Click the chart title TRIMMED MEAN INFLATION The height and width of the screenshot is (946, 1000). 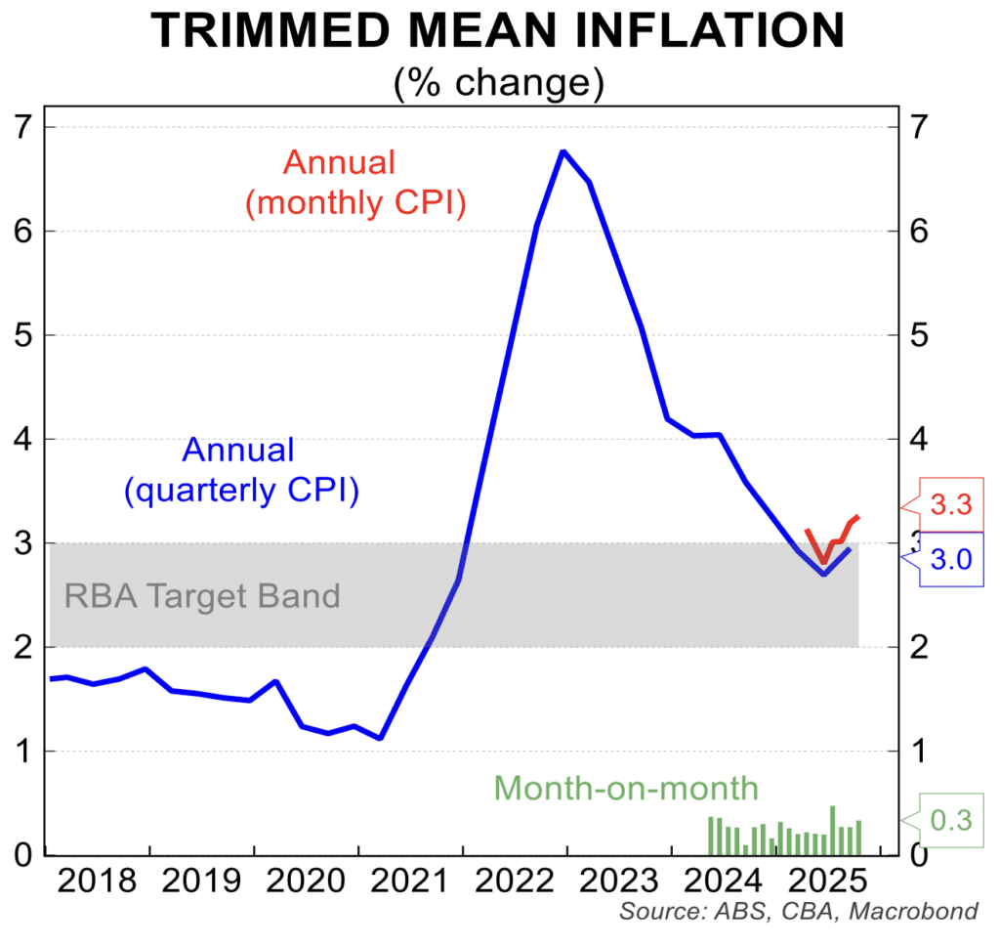(499, 31)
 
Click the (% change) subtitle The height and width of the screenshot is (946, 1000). (499, 83)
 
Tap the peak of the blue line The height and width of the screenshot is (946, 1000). (563, 151)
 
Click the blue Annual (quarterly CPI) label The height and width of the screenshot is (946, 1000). (239, 470)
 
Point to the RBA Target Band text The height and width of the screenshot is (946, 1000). (202, 595)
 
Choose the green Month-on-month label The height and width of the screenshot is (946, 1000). (626, 788)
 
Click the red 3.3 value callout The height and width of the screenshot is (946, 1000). (950, 505)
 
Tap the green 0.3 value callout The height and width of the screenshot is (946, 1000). (950, 821)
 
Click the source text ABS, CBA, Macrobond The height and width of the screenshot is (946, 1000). (798, 913)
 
